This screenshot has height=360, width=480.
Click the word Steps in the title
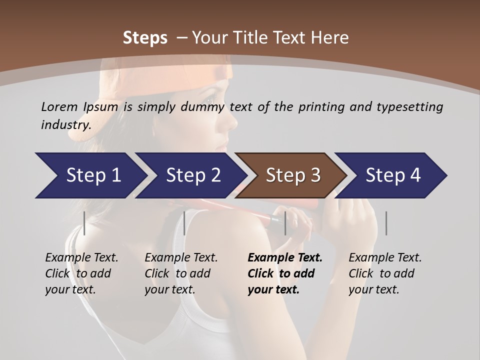tap(145, 38)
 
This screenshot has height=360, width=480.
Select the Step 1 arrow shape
tap(90, 175)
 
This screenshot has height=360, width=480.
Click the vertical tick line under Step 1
tap(84, 223)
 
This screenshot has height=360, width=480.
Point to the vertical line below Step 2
tap(184, 223)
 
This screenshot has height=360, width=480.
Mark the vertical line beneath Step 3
tap(285, 223)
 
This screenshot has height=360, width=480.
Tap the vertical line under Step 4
tap(386, 223)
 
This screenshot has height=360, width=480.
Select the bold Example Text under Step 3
tap(284, 273)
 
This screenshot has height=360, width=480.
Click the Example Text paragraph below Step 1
tap(81, 273)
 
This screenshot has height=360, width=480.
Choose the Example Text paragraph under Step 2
tap(181, 273)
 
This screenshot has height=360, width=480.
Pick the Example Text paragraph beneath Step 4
tap(385, 273)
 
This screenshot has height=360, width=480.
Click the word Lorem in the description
tap(59, 107)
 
